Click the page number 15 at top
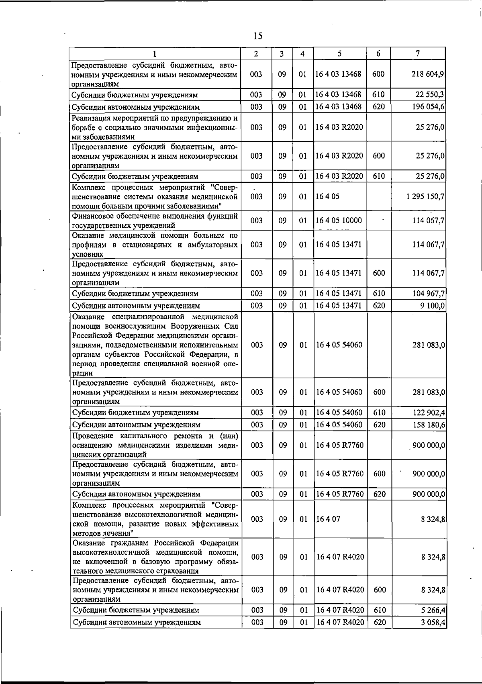tap(258, 36)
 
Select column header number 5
tap(340, 53)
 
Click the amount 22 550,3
tap(430, 95)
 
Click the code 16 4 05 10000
tap(339, 221)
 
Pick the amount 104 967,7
tap(428, 294)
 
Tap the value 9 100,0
tap(433, 306)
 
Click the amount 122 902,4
tap(428, 412)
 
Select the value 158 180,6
tap(428, 425)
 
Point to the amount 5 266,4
tap(433, 610)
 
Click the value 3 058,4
tap(433, 623)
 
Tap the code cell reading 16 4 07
tap(329, 519)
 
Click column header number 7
tap(418, 53)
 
